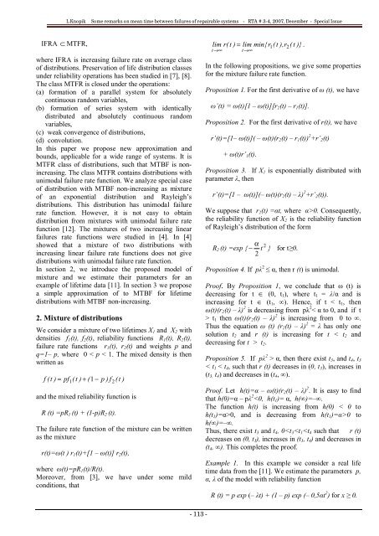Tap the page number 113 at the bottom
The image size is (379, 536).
189,514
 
